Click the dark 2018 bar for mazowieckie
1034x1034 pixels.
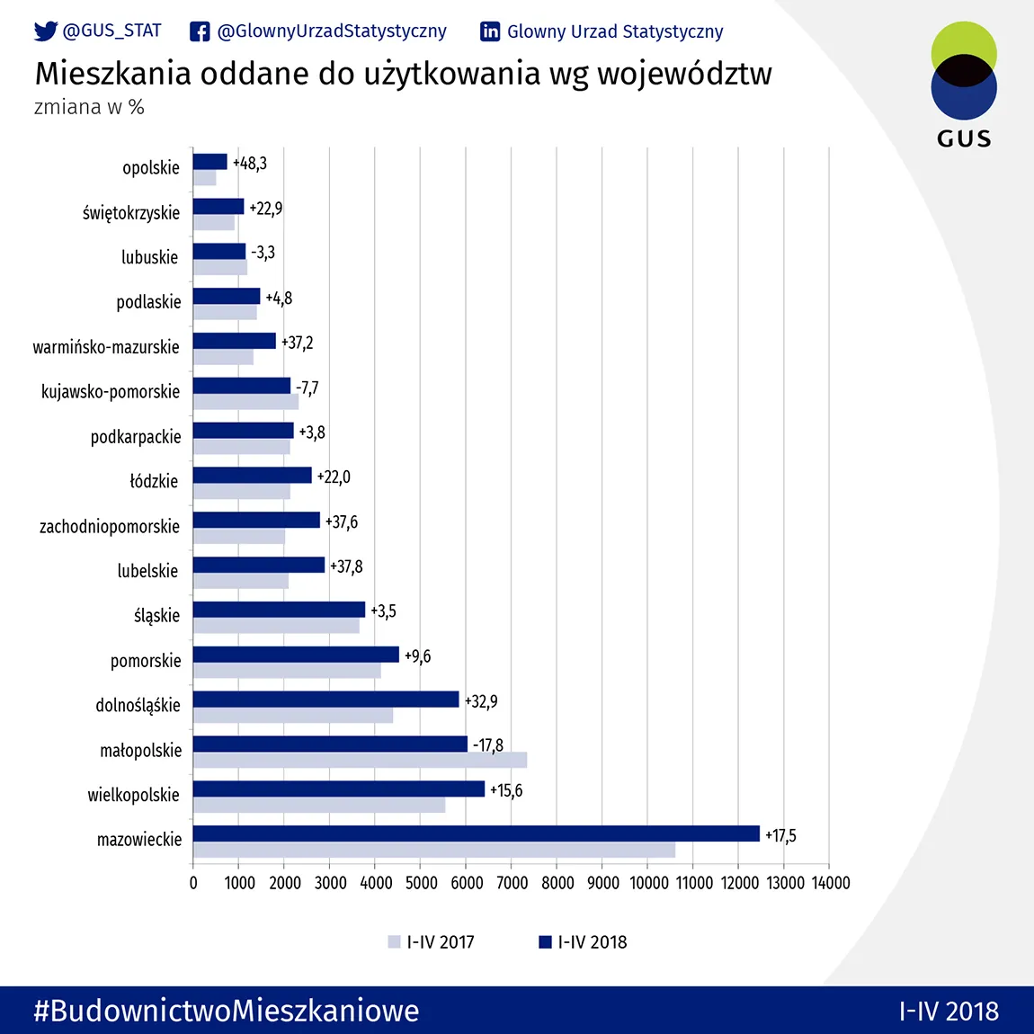477,833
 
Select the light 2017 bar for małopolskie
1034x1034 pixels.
360,760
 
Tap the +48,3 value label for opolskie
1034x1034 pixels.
250,164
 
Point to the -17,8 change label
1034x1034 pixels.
488,745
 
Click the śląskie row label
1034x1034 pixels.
156,616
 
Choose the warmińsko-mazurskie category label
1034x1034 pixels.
106,347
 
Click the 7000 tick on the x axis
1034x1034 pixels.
512,883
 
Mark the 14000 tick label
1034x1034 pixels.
830,883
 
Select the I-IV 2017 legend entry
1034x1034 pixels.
432,942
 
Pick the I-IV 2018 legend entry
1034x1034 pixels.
584,942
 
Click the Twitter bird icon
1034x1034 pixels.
45,31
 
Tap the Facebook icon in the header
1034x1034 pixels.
200,31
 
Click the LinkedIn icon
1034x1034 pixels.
490,31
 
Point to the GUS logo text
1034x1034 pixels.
964,138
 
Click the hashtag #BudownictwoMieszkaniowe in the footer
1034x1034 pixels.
227,1011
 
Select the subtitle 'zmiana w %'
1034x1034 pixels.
89,107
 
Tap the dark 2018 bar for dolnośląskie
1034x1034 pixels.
325,700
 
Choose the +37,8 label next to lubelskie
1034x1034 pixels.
346,566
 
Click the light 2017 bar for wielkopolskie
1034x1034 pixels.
319,805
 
